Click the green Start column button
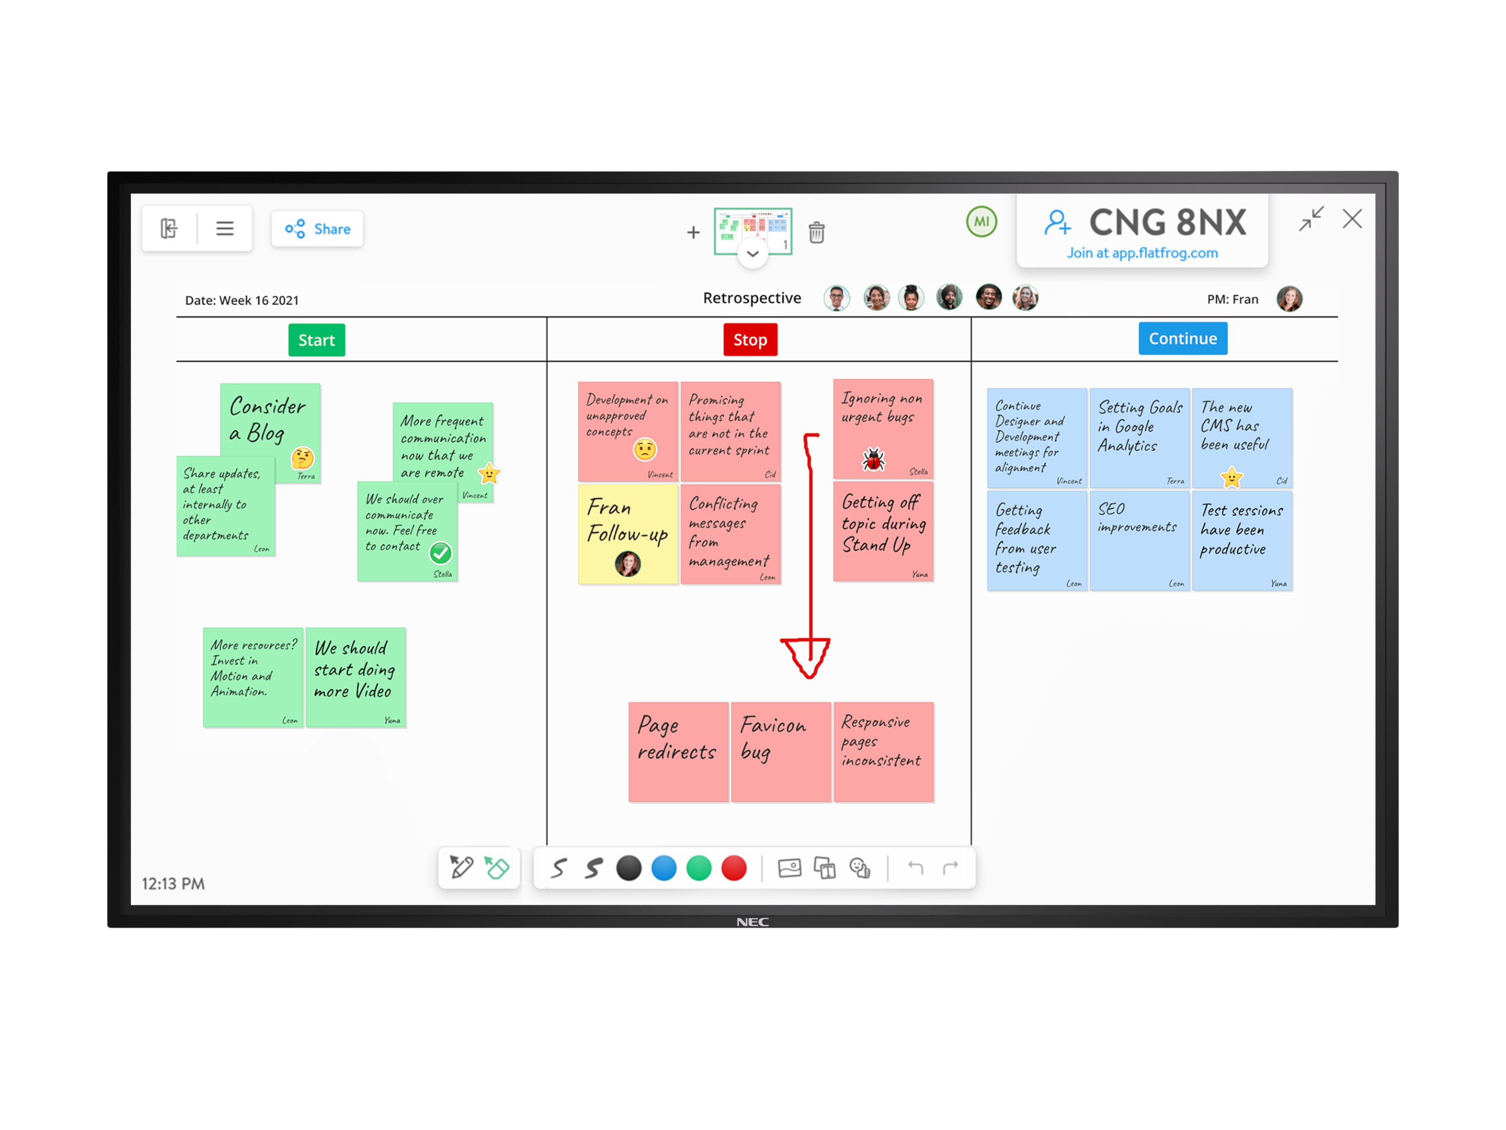tap(317, 340)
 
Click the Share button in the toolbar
tap(317, 229)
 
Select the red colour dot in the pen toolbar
tap(733, 868)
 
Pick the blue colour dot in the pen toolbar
tap(663, 868)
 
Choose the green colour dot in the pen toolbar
tap(698, 868)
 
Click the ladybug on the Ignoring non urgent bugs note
tap(873, 460)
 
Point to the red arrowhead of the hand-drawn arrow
tap(807, 658)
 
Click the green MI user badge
tap(981, 222)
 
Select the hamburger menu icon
tap(224, 228)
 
